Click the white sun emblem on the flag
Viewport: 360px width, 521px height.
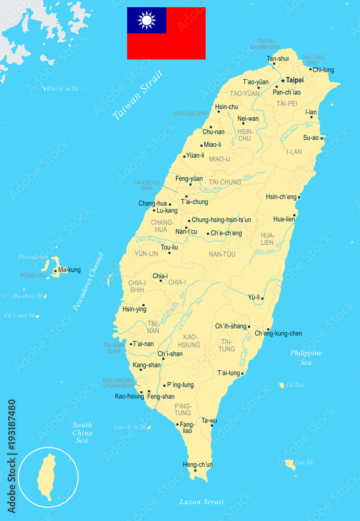click(147, 20)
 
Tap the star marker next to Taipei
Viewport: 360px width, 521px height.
click(283, 81)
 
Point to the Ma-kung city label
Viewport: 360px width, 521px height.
click(69, 270)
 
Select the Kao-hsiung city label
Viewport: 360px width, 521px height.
click(129, 396)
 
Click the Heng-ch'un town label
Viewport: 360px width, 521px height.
click(198, 464)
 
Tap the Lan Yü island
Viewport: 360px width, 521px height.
click(289, 463)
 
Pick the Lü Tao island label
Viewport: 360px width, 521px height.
click(295, 385)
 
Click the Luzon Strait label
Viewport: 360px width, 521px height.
click(202, 502)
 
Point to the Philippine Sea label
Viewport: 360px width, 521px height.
click(306, 357)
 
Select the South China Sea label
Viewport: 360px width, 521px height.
click(82, 432)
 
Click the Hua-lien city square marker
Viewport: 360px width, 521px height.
click(294, 215)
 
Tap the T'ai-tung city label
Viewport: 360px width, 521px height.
click(229, 373)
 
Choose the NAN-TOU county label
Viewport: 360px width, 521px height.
click(222, 254)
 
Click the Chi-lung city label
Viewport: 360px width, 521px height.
click(324, 70)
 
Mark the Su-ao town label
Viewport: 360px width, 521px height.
click(311, 138)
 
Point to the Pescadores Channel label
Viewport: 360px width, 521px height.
click(88, 282)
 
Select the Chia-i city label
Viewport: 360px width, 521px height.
click(160, 276)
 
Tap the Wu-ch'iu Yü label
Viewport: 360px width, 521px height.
click(62, 89)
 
